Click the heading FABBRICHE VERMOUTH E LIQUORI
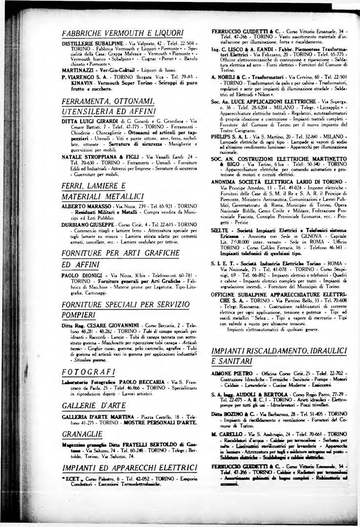(x=123, y=33)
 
